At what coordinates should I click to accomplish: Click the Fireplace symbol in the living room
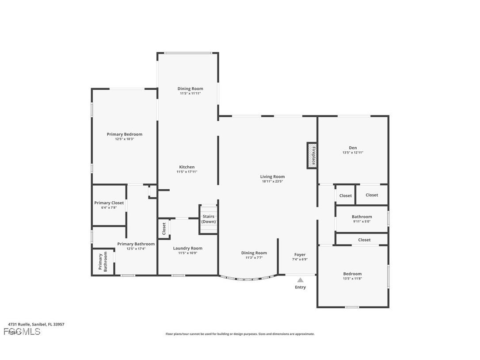pyautogui.click(x=312, y=155)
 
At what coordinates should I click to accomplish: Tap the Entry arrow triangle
pyautogui.click(x=300, y=280)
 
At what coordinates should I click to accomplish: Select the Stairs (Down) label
pyautogui.click(x=209, y=219)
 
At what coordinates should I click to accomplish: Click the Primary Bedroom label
pyautogui.click(x=125, y=134)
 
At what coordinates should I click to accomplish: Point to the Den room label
pyautogui.click(x=353, y=148)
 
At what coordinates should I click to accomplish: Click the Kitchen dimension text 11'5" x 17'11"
pyautogui.click(x=187, y=172)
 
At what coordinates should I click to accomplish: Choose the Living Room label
pyautogui.click(x=272, y=176)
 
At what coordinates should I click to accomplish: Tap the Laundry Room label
pyautogui.click(x=187, y=248)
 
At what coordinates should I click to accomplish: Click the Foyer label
pyautogui.click(x=300, y=255)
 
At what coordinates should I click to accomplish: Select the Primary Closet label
pyautogui.click(x=109, y=203)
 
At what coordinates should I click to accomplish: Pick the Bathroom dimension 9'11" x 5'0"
pyautogui.click(x=362, y=221)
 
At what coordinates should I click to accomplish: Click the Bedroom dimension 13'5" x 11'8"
pyautogui.click(x=353, y=278)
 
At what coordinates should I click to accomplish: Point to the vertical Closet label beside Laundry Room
pyautogui.click(x=164, y=229)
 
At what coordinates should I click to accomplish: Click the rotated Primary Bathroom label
pyautogui.click(x=103, y=262)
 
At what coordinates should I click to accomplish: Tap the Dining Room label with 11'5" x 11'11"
pyautogui.click(x=190, y=89)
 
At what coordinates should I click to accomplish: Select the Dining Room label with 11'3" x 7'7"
pyautogui.click(x=254, y=253)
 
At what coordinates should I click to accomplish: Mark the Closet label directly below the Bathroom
pyautogui.click(x=364, y=240)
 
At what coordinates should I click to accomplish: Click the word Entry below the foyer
pyautogui.click(x=300, y=287)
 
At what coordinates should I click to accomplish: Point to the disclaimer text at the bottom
pyautogui.click(x=240, y=334)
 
